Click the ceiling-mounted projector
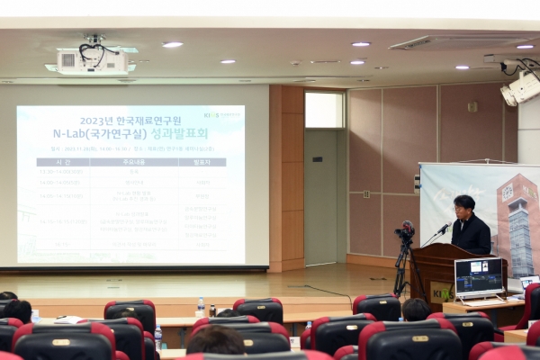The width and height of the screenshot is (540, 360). [x=92, y=60]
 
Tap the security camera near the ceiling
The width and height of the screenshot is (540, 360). [x=520, y=87]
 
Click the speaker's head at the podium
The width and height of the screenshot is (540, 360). [x=464, y=206]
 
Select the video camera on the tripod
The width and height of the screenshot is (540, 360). [x=404, y=231]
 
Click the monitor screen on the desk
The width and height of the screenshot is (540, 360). [x=478, y=275]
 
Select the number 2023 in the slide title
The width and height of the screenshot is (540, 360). [x=97, y=121]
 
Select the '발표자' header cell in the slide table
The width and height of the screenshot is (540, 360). [x=202, y=162]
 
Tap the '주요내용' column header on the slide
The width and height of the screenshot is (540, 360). [x=134, y=162]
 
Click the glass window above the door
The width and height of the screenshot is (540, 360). [x=324, y=110]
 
